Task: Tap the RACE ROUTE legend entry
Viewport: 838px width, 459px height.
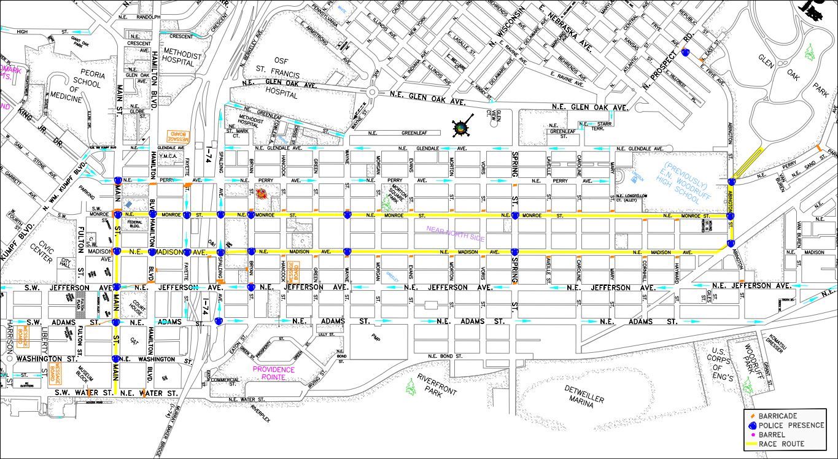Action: coord(781,444)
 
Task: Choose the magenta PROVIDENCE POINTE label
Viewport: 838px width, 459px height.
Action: coord(274,373)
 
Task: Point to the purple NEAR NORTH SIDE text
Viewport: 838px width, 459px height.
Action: coord(456,233)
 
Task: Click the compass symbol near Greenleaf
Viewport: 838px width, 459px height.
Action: coord(460,128)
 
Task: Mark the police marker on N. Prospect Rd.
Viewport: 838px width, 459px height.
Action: coord(685,53)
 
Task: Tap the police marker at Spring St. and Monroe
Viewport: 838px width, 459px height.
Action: coord(515,215)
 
